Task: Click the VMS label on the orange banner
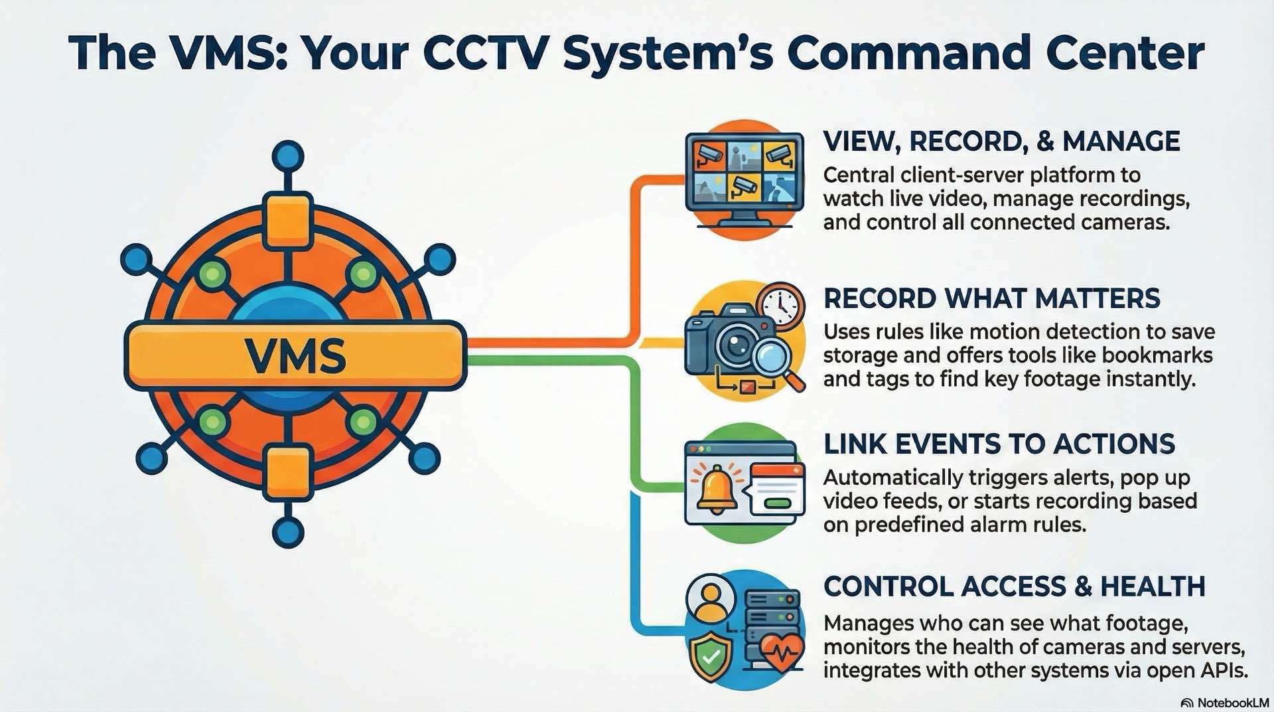(x=295, y=357)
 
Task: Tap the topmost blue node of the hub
(x=288, y=157)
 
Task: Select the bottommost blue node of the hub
(x=288, y=531)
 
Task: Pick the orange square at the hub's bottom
(x=288, y=473)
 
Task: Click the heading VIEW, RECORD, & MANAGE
(x=1001, y=141)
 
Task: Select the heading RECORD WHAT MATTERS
(x=991, y=298)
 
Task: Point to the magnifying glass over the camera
(x=774, y=359)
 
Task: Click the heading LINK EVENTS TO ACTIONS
(x=999, y=444)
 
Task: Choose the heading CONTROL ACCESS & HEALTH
(x=1014, y=586)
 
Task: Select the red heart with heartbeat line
(x=782, y=650)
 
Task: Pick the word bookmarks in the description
(x=1157, y=355)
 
